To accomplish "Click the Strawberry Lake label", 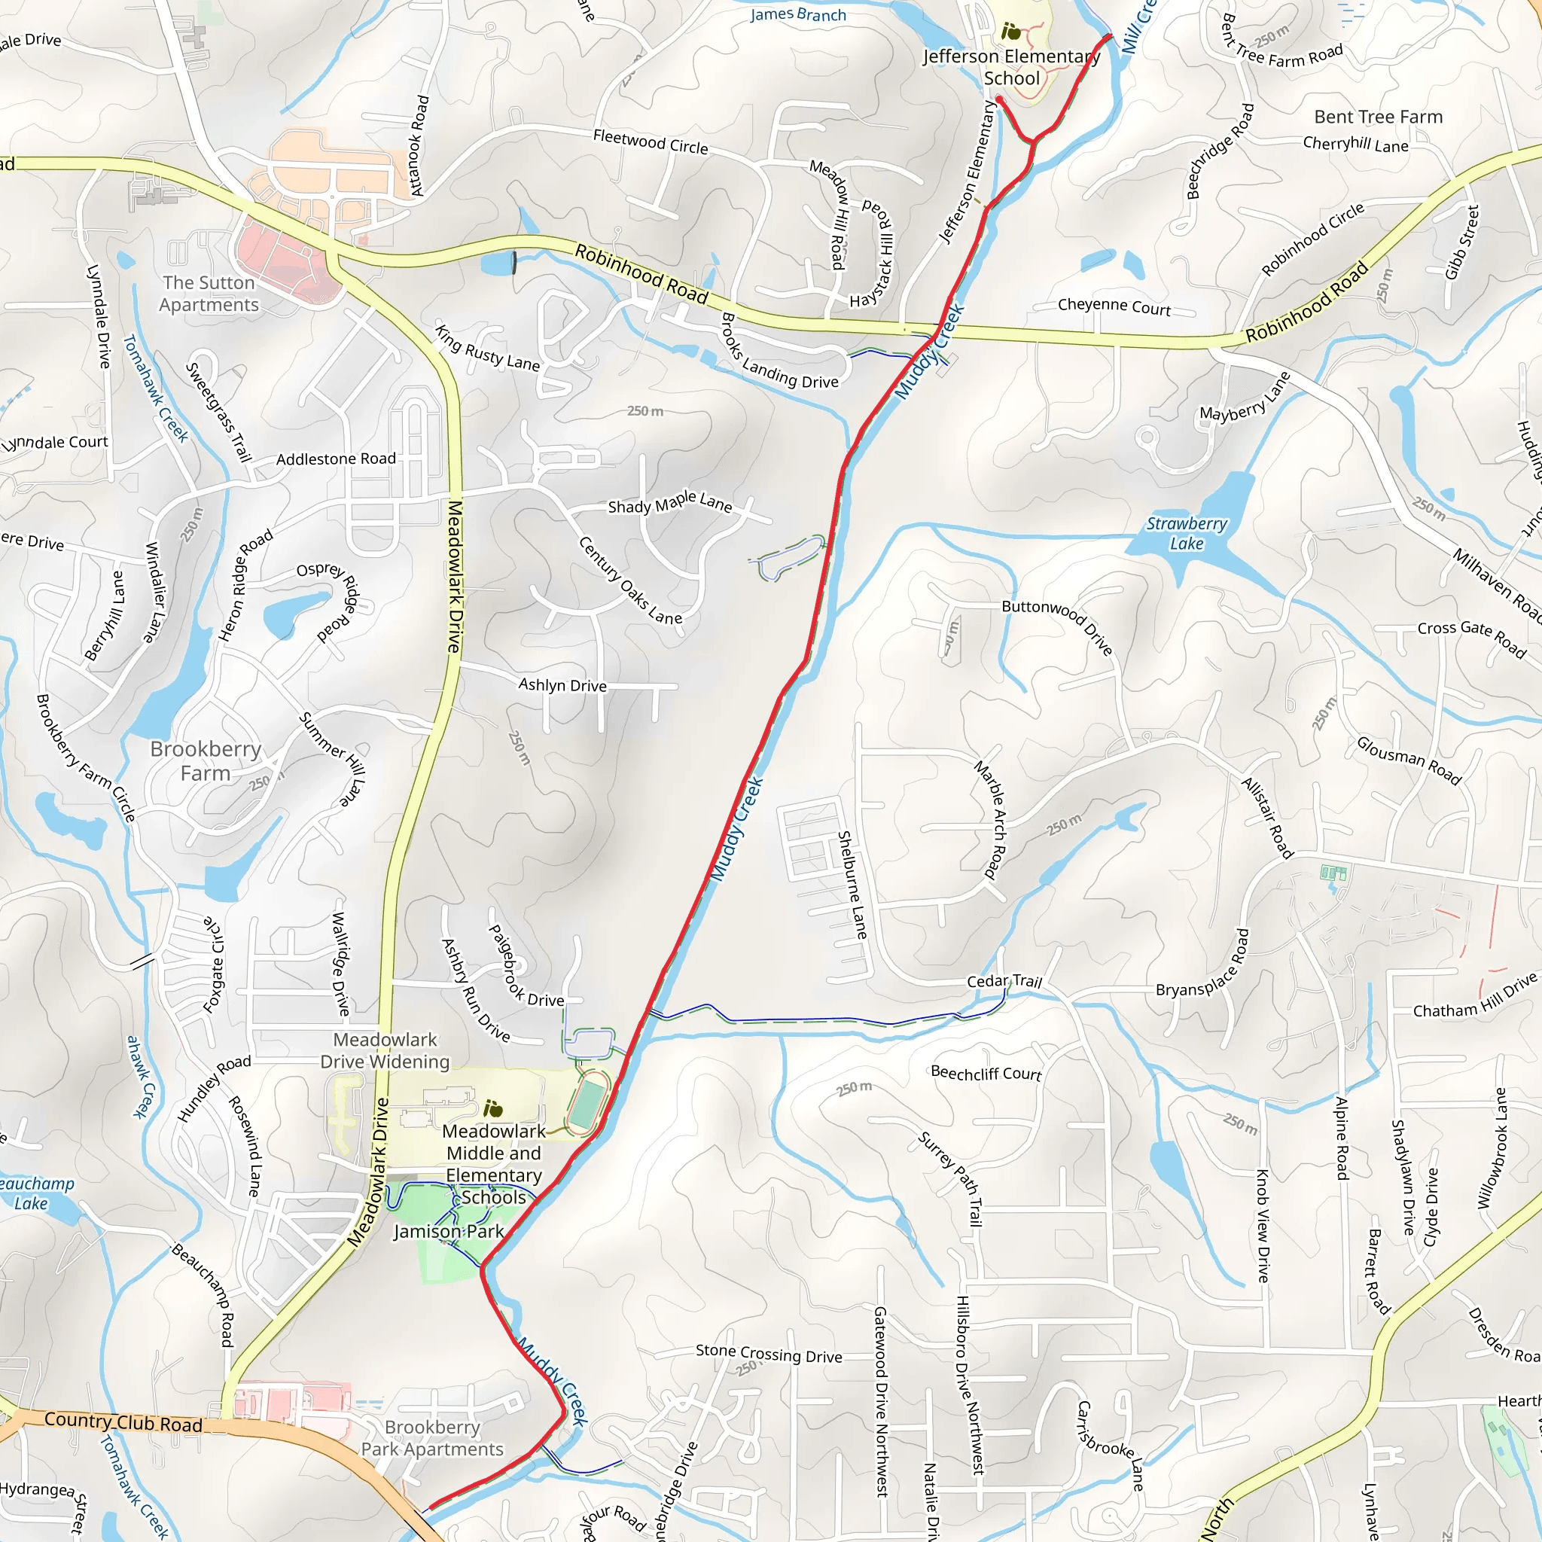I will (x=1186, y=533).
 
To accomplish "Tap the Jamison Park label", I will (x=448, y=1231).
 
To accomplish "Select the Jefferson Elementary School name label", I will (x=1011, y=67).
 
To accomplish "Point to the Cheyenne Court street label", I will (x=1114, y=306).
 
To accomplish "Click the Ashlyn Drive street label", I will (x=562, y=685).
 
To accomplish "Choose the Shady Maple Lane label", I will (x=669, y=503).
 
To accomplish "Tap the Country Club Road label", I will (x=123, y=1422).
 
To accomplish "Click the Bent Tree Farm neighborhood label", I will (x=1378, y=117).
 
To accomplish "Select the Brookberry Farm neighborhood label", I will (x=205, y=760).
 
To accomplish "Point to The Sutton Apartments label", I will (x=209, y=293).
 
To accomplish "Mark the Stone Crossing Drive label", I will (x=769, y=1353).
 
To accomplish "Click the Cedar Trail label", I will (x=1004, y=980).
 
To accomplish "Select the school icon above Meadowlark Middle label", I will (x=493, y=1108).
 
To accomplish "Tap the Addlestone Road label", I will (x=335, y=459).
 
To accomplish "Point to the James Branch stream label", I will (x=797, y=14).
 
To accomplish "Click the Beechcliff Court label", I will (x=986, y=1073).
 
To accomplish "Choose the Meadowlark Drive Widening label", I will (x=385, y=1050).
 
